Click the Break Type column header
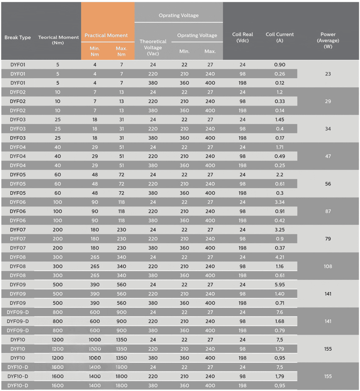17,37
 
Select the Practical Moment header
106,35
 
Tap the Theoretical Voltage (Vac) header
153,47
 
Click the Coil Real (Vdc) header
242,37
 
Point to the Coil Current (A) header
279,37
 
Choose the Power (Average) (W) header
328,40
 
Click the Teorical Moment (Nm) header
58,40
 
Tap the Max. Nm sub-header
122,51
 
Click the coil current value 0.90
279,64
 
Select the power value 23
328,74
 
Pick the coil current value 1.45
279,119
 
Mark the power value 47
328,156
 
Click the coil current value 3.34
279,202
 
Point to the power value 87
328,211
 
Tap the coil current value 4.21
279,257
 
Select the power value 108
328,266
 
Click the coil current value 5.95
279,285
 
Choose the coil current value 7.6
279,312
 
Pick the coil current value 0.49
279,156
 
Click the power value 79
328,239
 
